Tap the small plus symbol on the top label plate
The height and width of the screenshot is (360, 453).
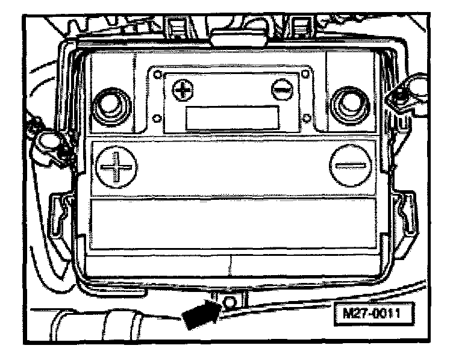click(x=181, y=90)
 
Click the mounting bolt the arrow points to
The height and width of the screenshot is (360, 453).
click(x=230, y=300)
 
